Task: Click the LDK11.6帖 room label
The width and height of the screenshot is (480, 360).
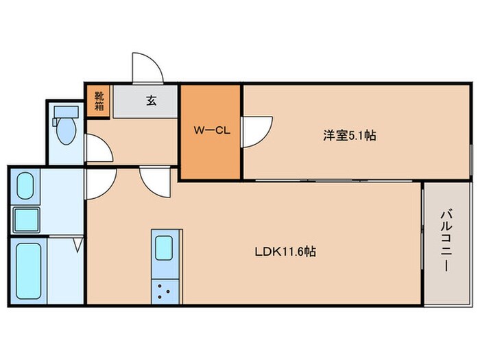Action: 285,252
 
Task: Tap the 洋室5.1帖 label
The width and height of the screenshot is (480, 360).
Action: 350,135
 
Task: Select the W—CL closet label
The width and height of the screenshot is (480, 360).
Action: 211,130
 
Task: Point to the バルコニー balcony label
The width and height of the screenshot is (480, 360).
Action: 446,240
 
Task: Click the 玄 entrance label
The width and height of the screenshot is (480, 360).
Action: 152,100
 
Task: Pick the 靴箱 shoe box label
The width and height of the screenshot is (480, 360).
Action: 99,101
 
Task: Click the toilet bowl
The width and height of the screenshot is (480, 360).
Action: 67,131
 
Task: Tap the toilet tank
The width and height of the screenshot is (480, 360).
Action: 66,112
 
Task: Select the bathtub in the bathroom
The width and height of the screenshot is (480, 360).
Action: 29,271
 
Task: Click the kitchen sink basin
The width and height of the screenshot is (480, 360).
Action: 164,248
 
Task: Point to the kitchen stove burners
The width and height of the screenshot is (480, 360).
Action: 163,291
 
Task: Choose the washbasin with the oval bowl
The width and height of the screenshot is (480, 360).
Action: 25,186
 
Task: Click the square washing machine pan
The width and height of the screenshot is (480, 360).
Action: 26,219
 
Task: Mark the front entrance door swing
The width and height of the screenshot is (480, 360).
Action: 147,68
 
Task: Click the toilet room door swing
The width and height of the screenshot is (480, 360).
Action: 99,148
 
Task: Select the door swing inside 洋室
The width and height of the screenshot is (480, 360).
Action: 257,132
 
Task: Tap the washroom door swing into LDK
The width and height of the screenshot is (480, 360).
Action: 101,184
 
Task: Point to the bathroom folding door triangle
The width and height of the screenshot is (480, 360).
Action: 78,245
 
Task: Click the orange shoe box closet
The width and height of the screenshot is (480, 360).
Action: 98,101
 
